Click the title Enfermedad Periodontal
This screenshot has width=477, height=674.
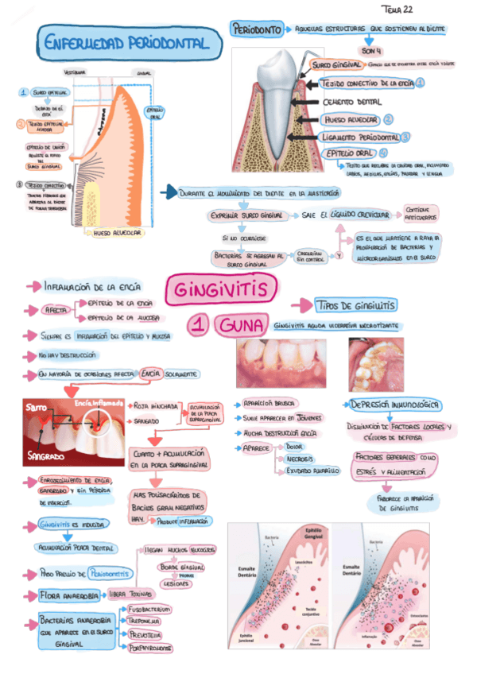[126, 41]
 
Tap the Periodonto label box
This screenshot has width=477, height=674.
[257, 30]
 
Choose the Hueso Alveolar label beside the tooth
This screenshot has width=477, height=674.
[349, 119]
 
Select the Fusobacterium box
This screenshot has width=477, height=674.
[150, 609]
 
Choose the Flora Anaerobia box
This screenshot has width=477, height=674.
[69, 595]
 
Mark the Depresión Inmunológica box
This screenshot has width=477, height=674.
[394, 405]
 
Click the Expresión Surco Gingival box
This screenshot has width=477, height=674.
[247, 215]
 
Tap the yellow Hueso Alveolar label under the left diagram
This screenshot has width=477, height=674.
[118, 234]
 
